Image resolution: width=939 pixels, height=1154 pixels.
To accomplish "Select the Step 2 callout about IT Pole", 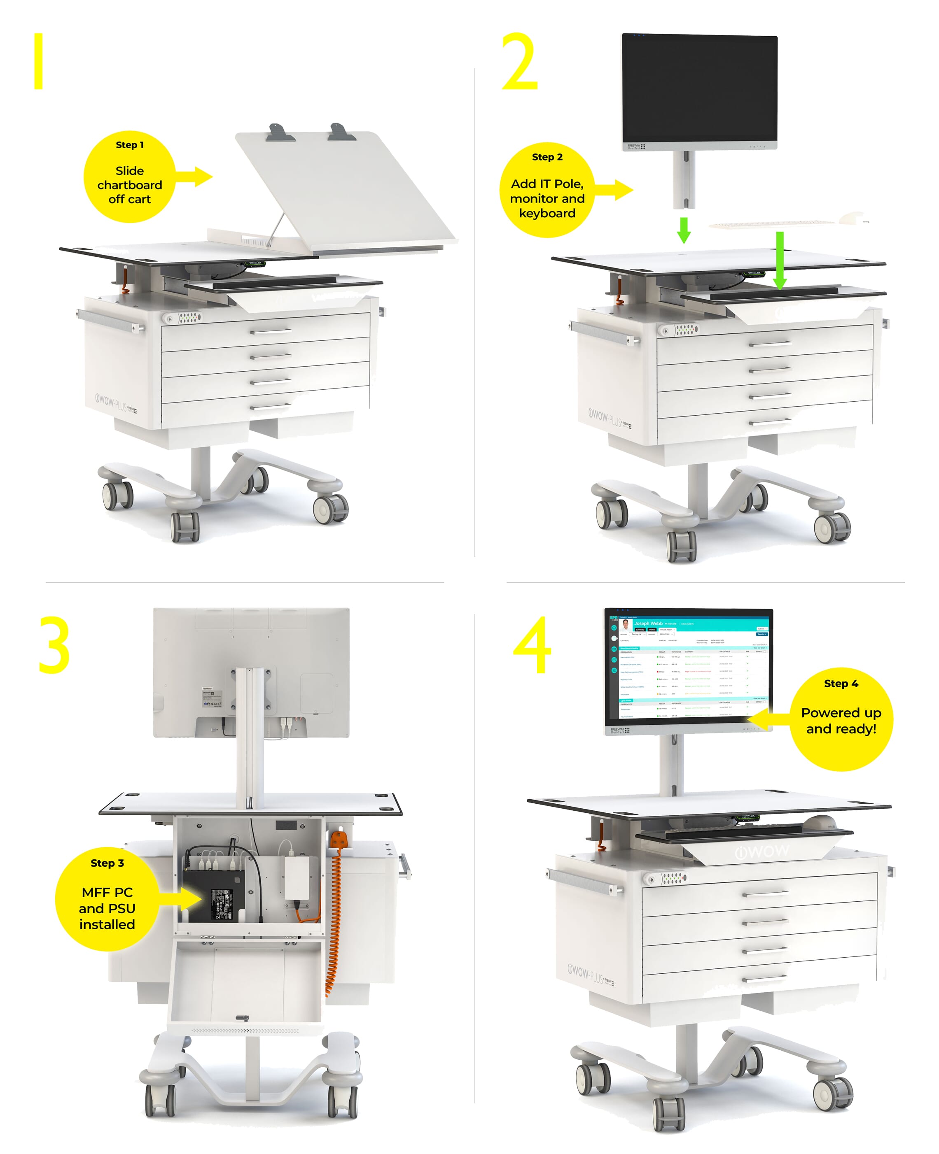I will coord(547,190).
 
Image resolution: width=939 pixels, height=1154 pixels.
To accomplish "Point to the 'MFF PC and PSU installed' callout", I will coord(107,898).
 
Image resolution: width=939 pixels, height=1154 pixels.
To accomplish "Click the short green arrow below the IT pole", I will coord(684,230).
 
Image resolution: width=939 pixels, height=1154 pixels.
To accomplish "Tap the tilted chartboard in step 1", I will coord(346,189).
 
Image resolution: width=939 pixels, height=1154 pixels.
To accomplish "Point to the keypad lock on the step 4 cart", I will coord(670,878).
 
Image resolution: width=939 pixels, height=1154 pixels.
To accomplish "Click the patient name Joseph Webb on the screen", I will coord(648,624).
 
